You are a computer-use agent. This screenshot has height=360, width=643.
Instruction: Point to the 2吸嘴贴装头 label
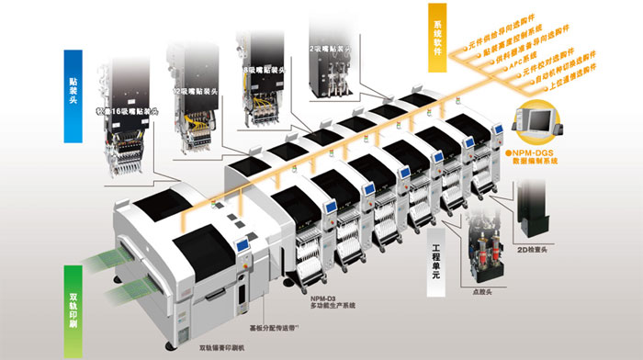[x=331, y=46]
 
